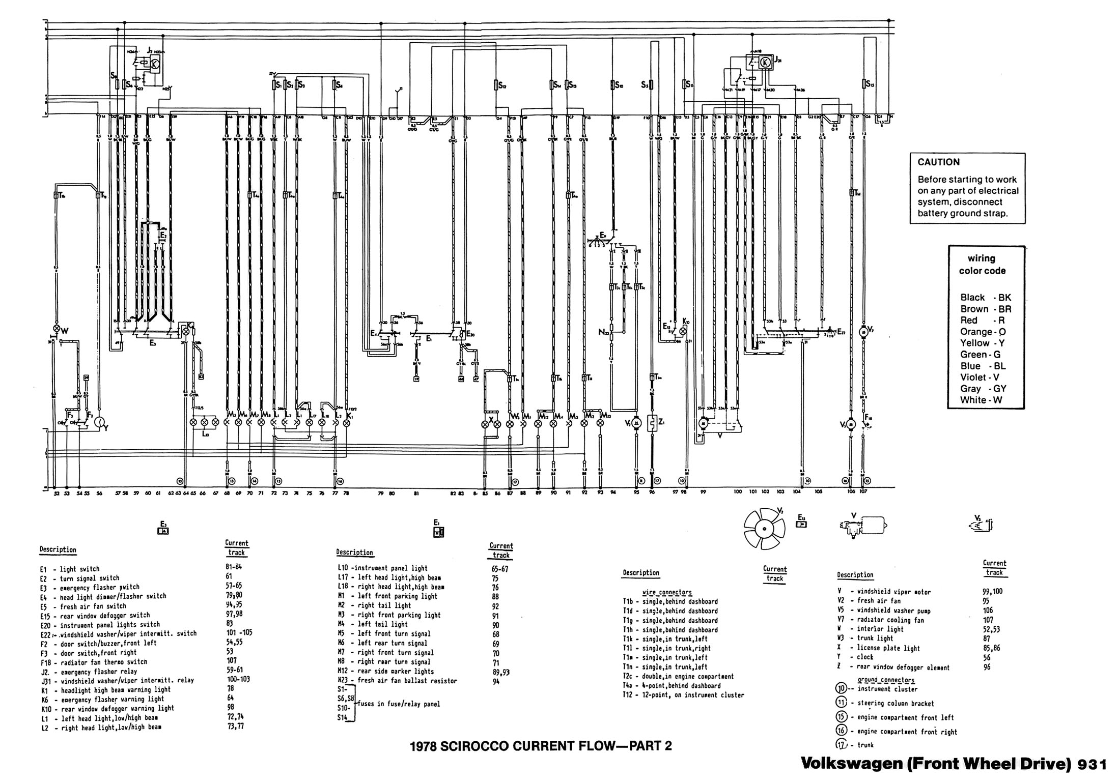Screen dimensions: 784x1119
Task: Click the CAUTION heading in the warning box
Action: [x=938, y=162]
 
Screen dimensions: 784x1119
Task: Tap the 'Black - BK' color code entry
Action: [x=985, y=298]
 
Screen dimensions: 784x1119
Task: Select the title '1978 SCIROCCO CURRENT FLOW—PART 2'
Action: [x=541, y=746]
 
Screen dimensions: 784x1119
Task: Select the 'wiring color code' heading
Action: [x=982, y=265]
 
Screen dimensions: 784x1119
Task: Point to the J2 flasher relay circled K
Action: [x=156, y=64]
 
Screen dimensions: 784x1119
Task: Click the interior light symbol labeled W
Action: [x=57, y=329]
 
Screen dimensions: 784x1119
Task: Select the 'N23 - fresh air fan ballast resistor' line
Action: [x=397, y=681]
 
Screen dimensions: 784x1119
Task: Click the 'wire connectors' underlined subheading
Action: [x=667, y=592]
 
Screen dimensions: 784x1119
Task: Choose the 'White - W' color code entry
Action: [x=981, y=400]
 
